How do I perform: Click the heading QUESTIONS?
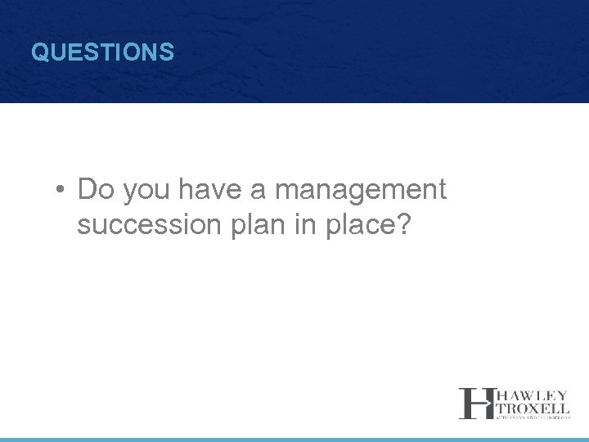pos(102,53)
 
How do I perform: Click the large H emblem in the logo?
pos(474,403)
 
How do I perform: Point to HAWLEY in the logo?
pos(530,394)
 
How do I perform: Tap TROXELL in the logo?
pos(530,407)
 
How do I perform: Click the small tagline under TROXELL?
pos(530,417)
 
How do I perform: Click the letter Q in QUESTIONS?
pos(38,53)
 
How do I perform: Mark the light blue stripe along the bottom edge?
pos(294,440)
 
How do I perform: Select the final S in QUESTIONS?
pos(167,53)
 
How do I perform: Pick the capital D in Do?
pos(88,190)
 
